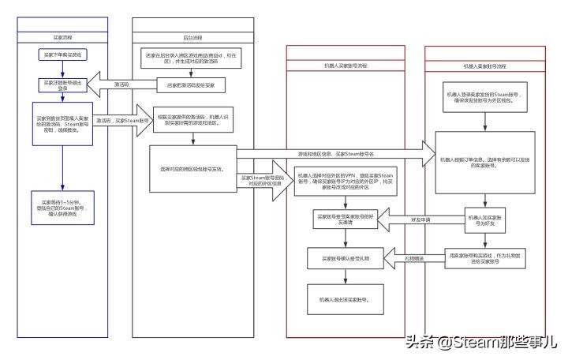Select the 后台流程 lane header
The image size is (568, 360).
click(192, 36)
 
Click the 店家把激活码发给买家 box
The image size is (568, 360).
click(192, 84)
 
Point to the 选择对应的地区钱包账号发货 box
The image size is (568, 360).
click(192, 168)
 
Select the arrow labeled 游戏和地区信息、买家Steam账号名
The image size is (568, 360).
click(331, 152)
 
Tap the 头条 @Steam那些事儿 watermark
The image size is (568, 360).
click(481, 343)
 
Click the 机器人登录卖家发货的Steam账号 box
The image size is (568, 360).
click(484, 99)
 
